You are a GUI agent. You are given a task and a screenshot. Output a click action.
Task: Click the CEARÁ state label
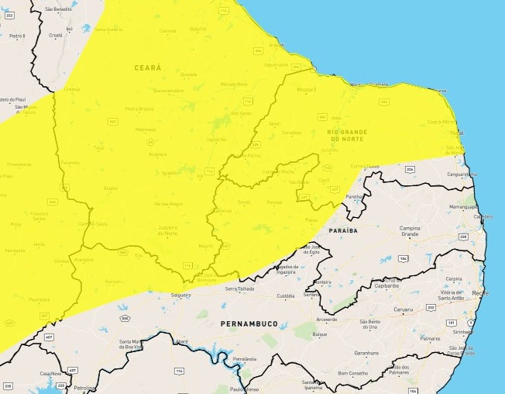[x=148, y=67]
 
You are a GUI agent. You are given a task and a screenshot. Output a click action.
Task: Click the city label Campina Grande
[x=410, y=232]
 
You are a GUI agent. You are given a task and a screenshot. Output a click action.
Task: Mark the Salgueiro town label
[x=180, y=295]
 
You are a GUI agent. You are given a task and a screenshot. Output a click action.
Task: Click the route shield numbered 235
[x=60, y=386]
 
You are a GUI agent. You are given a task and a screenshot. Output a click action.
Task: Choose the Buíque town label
[x=320, y=335]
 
